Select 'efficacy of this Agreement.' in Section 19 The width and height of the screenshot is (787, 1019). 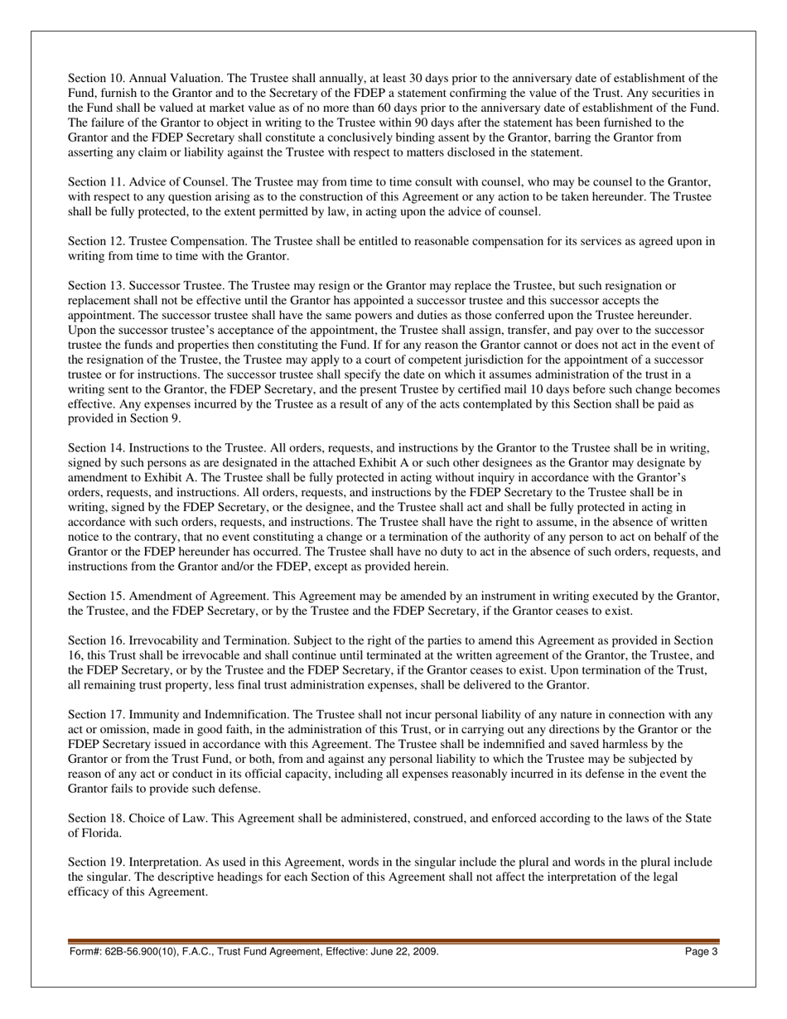coord(138,892)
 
